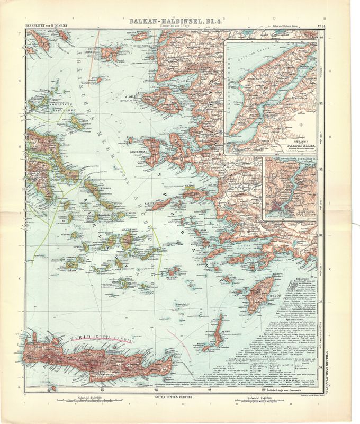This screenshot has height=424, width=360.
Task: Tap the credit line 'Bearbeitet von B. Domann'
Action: pyautogui.click(x=40, y=26)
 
